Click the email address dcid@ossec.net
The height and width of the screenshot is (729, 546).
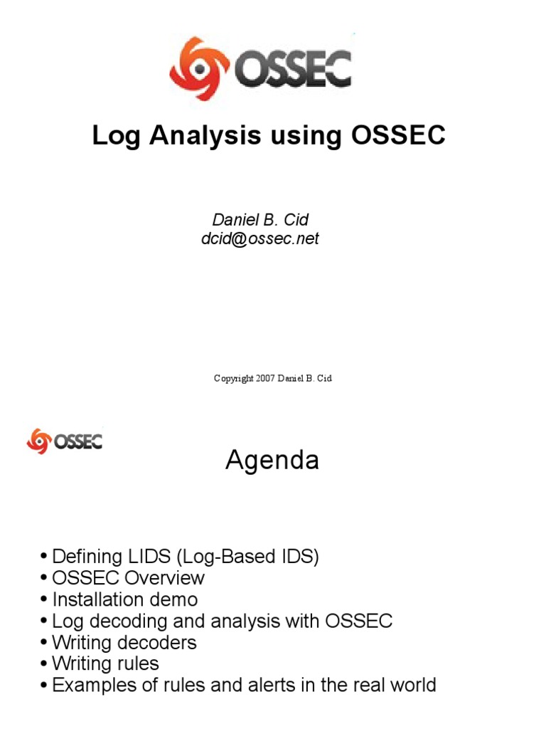click(259, 238)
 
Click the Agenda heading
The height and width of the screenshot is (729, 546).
click(272, 461)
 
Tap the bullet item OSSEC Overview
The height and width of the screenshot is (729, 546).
click(128, 577)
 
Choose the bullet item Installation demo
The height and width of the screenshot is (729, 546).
click(124, 599)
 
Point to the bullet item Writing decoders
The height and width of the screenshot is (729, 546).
click(124, 642)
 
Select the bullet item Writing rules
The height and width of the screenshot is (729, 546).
click(105, 664)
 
